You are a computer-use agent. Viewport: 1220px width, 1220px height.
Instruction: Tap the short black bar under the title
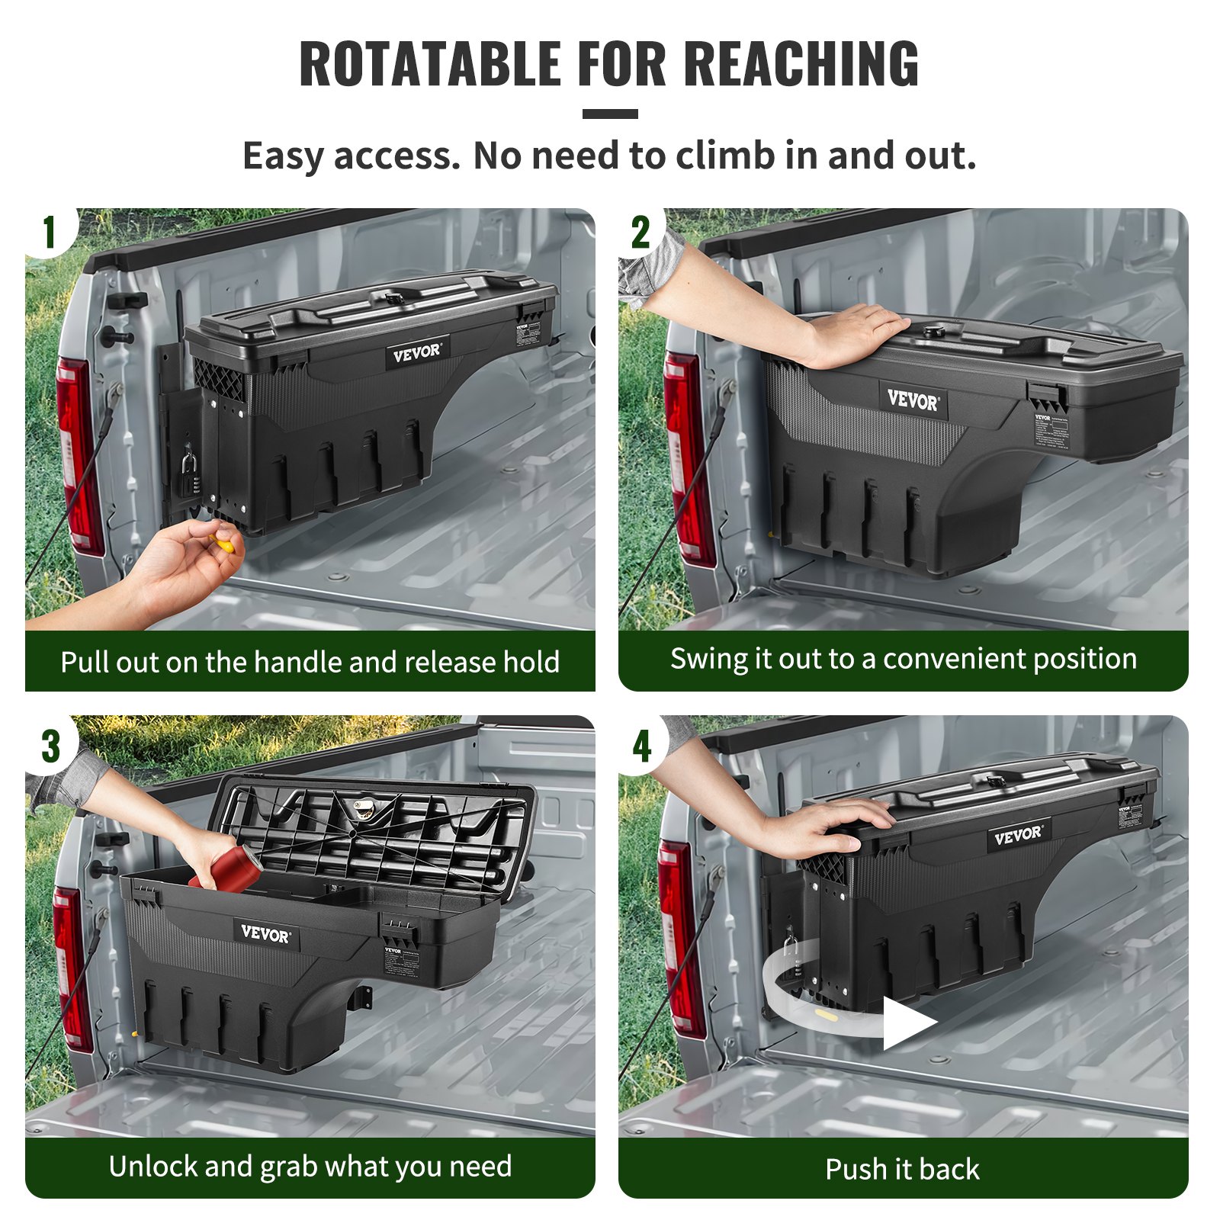pyautogui.click(x=610, y=114)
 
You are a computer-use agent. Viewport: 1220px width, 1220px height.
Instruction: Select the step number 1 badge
pyautogui.click(x=50, y=232)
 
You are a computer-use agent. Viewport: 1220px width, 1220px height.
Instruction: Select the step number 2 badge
pyautogui.click(x=640, y=232)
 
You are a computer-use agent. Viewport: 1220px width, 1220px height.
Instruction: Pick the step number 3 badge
pyautogui.click(x=50, y=746)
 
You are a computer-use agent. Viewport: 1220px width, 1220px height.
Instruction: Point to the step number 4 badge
pyautogui.click(x=642, y=746)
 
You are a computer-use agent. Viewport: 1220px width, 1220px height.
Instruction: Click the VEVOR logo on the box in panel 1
pyautogui.click(x=416, y=353)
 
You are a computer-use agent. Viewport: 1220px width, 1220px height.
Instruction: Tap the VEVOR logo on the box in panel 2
pyautogui.click(x=913, y=400)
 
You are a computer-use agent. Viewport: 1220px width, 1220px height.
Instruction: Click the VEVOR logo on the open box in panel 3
pyautogui.click(x=265, y=933)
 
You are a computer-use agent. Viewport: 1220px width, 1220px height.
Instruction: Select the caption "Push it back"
pyautogui.click(x=902, y=1169)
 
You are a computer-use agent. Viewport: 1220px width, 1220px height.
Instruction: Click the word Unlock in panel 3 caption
pyautogui.click(x=152, y=1166)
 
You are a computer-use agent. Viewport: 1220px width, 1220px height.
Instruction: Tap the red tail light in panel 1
pyautogui.click(x=78, y=457)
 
